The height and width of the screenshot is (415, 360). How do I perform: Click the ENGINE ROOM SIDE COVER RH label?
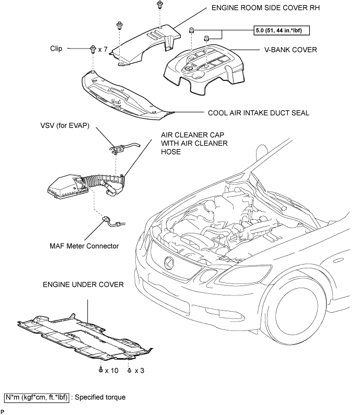tap(265, 8)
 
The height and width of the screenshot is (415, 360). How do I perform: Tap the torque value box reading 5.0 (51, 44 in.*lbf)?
tap(281, 30)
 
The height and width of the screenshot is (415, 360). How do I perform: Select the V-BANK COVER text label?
tap(291, 50)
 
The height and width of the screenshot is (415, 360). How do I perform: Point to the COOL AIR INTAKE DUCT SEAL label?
tap(259, 113)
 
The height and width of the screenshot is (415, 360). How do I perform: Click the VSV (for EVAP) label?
tap(65, 125)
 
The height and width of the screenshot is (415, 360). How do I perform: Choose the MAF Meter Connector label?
tap(84, 246)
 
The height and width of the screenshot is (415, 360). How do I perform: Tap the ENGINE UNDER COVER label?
tap(83, 284)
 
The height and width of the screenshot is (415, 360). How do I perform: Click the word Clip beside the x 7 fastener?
tap(56, 49)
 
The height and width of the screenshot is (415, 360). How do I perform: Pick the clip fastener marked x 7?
tap(93, 49)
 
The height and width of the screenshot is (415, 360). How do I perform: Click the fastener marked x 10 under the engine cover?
tap(101, 370)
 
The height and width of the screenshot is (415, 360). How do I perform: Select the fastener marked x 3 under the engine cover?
tap(129, 370)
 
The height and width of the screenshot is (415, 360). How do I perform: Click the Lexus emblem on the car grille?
tap(169, 262)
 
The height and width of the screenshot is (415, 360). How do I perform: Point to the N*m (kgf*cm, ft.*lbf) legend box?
tap(37, 397)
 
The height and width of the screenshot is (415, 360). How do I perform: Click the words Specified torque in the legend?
tap(100, 397)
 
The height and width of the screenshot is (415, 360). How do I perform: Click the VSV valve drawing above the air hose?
tap(119, 149)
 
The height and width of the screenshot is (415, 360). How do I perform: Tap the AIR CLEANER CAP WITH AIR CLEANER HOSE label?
tap(194, 143)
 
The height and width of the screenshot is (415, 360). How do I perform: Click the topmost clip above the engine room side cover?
tap(159, 4)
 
